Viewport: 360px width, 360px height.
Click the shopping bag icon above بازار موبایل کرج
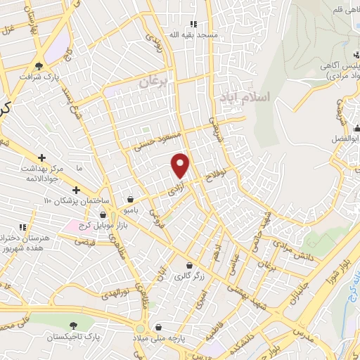[x=103, y=214]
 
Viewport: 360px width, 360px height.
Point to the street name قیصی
[x=84, y=240]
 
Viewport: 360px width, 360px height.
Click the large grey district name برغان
[x=153, y=82]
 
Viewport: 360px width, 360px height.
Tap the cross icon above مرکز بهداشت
[x=42, y=157]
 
